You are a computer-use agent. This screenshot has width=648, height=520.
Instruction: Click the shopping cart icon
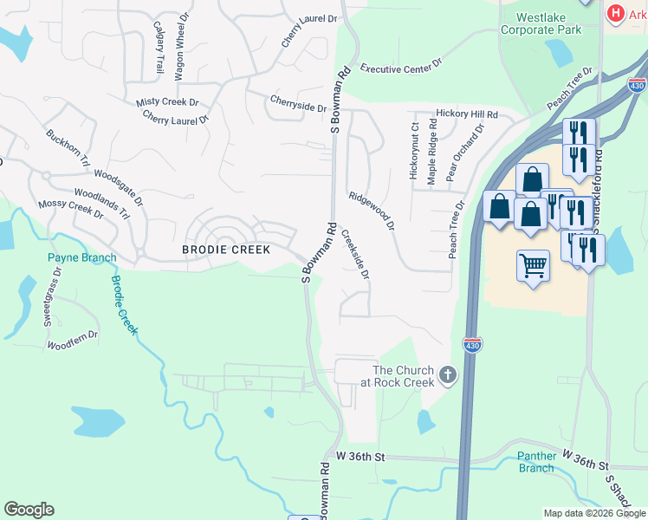tap(533, 264)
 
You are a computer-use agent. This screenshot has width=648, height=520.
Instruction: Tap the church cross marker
tap(447, 375)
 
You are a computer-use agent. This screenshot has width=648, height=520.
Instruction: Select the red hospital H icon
tap(616, 13)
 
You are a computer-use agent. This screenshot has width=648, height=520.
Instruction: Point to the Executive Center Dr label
tap(402, 66)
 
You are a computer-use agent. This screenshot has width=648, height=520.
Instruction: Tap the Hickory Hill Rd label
tap(467, 114)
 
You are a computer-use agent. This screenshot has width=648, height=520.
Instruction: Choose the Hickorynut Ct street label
tap(414, 151)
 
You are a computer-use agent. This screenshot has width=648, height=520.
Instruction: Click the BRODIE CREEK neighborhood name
tap(226, 250)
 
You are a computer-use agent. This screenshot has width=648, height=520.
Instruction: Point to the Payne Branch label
tap(81, 257)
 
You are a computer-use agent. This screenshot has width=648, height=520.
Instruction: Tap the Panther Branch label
tap(535, 462)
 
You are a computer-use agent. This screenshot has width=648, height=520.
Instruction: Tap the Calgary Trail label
tap(159, 47)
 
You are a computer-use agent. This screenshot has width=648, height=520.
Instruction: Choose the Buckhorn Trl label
tap(68, 148)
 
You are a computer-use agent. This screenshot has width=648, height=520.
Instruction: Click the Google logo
tap(29, 510)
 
